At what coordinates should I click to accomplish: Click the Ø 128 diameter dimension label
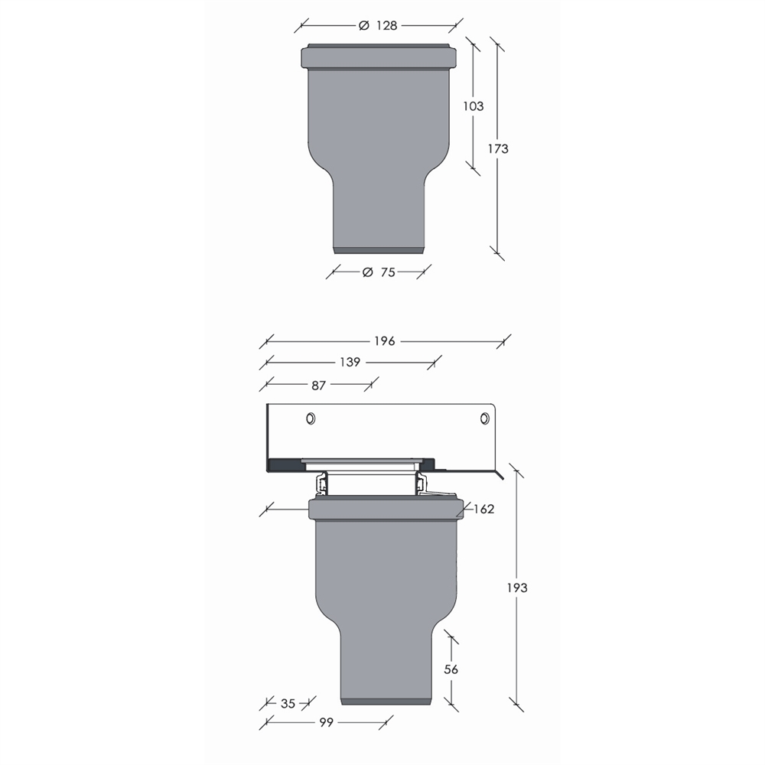click(x=379, y=25)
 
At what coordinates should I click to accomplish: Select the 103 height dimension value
click(x=474, y=106)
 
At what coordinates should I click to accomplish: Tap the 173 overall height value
click(x=498, y=148)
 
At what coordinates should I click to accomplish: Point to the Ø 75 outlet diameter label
click(x=379, y=272)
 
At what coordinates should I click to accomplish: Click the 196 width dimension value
click(x=385, y=341)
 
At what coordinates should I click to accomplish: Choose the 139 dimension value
click(x=350, y=363)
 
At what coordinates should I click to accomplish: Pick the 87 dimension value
click(x=318, y=386)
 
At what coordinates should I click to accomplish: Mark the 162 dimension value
click(x=483, y=509)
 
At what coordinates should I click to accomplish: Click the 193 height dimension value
click(x=517, y=588)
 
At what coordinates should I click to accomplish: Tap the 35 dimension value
click(x=287, y=703)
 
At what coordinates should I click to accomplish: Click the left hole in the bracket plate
click(x=311, y=418)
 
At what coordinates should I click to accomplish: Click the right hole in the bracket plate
click(x=484, y=418)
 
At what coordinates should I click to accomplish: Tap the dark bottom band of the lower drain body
click(x=389, y=701)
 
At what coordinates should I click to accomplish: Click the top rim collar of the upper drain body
click(x=379, y=57)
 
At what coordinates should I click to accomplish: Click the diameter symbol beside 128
click(x=364, y=25)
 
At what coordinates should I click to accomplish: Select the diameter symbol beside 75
click(x=366, y=272)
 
